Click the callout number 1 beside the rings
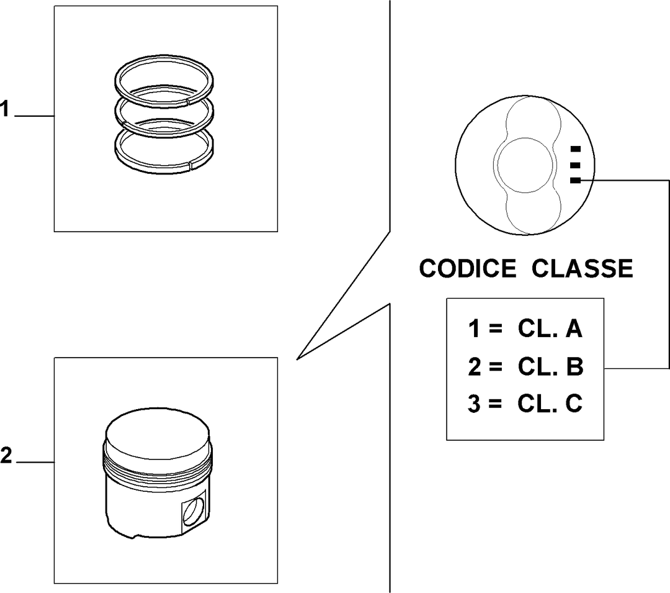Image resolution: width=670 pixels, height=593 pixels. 4,109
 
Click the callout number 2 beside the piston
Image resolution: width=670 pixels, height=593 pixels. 6,456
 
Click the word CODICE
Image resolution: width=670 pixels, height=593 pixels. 468,268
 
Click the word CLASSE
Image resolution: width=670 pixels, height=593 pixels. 582,268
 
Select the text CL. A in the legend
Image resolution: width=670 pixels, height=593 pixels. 550,328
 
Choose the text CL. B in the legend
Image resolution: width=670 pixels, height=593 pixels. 550,366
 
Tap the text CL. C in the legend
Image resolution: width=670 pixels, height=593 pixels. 550,403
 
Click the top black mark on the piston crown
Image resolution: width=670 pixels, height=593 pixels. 576,149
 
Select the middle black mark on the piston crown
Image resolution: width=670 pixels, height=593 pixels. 576,165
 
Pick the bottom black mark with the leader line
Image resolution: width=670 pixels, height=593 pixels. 576,181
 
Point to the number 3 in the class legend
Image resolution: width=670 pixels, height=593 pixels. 473,404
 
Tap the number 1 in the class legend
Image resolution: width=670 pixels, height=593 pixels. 473,328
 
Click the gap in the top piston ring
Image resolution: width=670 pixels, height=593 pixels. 187,102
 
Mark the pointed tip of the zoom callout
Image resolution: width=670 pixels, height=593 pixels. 297,359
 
